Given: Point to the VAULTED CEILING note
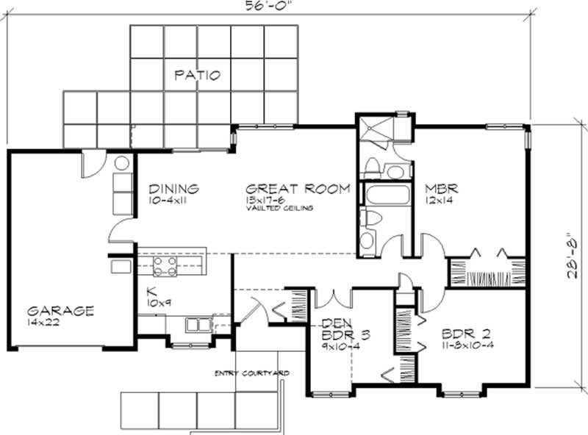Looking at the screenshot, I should coord(280,208).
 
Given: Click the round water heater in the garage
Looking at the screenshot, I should coord(122,162).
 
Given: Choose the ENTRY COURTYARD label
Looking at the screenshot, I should coord(251,373).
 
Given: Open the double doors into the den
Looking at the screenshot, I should coord(336,298).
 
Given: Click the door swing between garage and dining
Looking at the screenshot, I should coord(118,231).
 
